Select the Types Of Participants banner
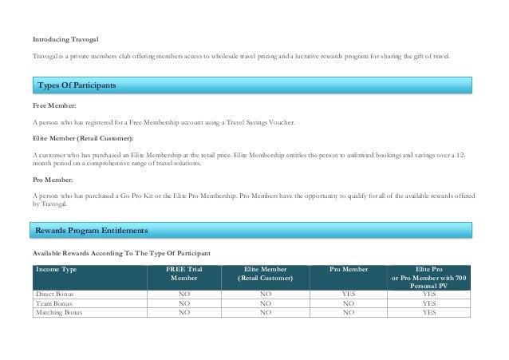pos(77,85)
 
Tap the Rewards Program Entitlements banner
pos(89,231)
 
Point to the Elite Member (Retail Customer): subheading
pos(83,138)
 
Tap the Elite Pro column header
pos(428,270)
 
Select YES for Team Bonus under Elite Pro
pos(428,303)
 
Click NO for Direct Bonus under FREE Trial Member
pos(183,294)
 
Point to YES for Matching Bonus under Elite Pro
pos(428,313)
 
